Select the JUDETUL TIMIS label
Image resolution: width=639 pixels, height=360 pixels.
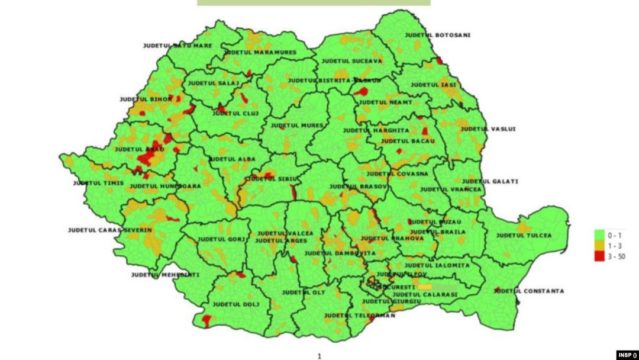coord(100,183)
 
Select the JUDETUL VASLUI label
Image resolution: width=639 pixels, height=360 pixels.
coord(487,128)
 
